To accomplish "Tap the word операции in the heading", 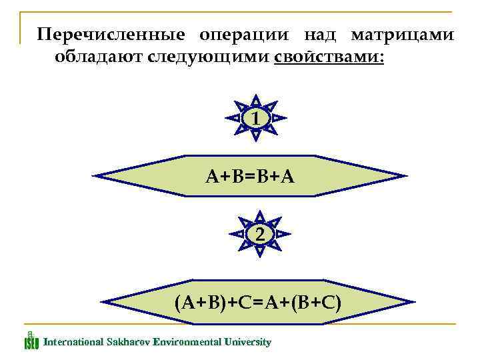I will [x=243, y=34].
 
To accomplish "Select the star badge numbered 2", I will [x=259, y=235].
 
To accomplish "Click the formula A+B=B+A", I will [x=250, y=176].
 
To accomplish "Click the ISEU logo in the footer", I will [x=31, y=341].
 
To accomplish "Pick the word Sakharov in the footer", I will [x=127, y=342].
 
